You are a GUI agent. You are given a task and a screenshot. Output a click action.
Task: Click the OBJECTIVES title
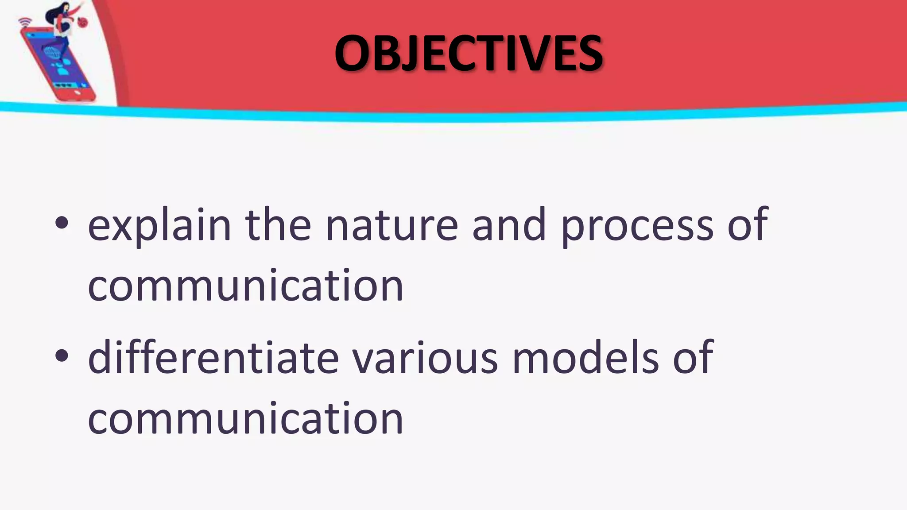[469, 53]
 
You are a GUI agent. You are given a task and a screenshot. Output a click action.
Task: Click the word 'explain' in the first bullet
[159, 226]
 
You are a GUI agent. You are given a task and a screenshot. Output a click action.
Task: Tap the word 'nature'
[391, 226]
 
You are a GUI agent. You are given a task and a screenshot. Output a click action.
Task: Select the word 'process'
[637, 226]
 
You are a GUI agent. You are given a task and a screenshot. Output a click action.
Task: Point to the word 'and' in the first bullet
[509, 226]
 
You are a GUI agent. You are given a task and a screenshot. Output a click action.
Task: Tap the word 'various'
[425, 358]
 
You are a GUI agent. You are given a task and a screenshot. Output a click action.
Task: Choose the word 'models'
[585, 358]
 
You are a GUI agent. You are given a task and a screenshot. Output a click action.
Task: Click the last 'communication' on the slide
[246, 418]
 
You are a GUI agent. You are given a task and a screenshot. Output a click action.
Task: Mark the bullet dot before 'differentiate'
[62, 355]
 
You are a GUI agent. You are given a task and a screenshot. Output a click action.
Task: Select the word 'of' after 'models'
[693, 358]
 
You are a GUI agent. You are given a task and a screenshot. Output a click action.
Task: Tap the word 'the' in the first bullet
[278, 226]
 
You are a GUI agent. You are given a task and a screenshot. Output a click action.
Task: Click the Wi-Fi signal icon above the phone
[25, 22]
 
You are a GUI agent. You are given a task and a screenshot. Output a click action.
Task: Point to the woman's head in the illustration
[65, 8]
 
